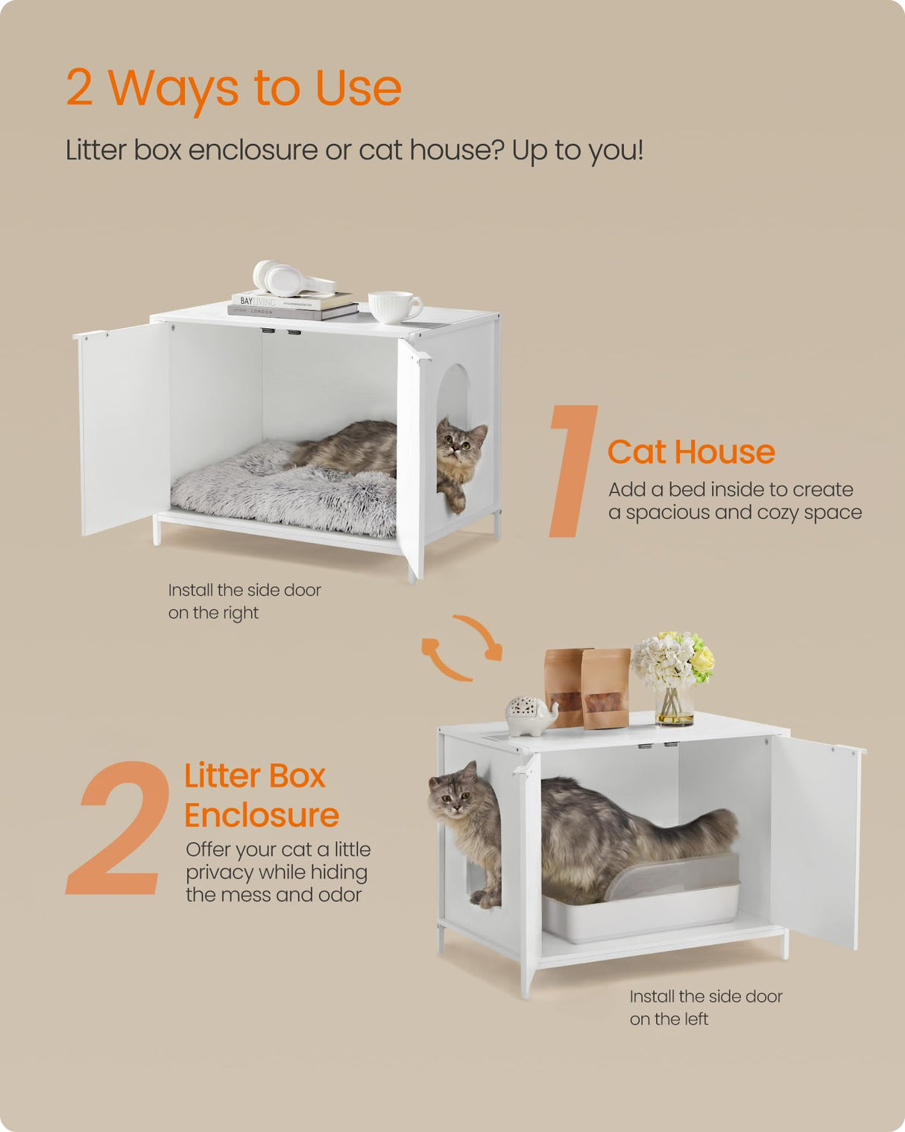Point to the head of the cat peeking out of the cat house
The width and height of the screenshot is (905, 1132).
tap(461, 447)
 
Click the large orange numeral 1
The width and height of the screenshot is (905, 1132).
tap(572, 471)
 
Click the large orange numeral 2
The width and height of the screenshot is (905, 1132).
tap(119, 828)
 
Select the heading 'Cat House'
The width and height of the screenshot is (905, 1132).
tap(691, 452)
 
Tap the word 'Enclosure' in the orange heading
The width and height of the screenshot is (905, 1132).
tap(262, 815)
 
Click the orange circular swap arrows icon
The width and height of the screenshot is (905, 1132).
tap(461, 647)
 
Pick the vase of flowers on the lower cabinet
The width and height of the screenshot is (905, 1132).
tap(674, 676)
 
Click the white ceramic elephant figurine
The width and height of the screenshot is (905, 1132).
tap(530, 715)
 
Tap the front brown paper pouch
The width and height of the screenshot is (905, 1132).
tap(605, 689)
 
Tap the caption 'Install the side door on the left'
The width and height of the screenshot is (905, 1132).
tap(705, 1007)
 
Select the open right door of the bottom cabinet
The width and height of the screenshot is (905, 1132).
tap(815, 843)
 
